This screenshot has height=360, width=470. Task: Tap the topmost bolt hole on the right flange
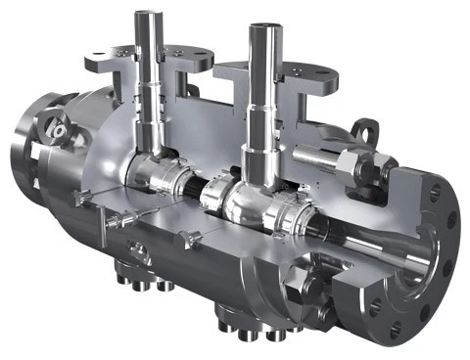pyautogui.click(x=435, y=190)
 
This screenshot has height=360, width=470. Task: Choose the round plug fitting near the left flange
pyautogui.click(x=58, y=128)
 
